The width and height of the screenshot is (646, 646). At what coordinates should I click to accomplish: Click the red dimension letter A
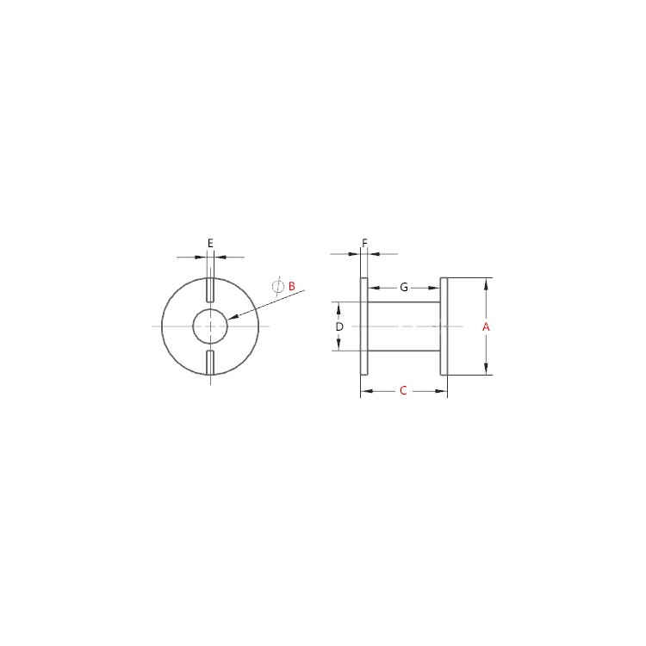click(486, 326)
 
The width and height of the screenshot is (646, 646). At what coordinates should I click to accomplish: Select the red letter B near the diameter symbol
click(292, 286)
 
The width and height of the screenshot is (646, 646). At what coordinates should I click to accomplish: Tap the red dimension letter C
click(403, 390)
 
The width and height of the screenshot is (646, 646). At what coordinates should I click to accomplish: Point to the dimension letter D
click(339, 326)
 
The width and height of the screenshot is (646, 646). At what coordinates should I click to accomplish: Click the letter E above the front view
click(210, 243)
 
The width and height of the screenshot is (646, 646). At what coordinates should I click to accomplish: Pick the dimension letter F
click(364, 243)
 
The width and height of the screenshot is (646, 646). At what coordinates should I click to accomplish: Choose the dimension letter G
click(404, 287)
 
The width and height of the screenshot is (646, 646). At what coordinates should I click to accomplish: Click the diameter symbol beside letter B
click(278, 286)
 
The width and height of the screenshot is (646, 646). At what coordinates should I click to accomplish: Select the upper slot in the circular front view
click(210, 289)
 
